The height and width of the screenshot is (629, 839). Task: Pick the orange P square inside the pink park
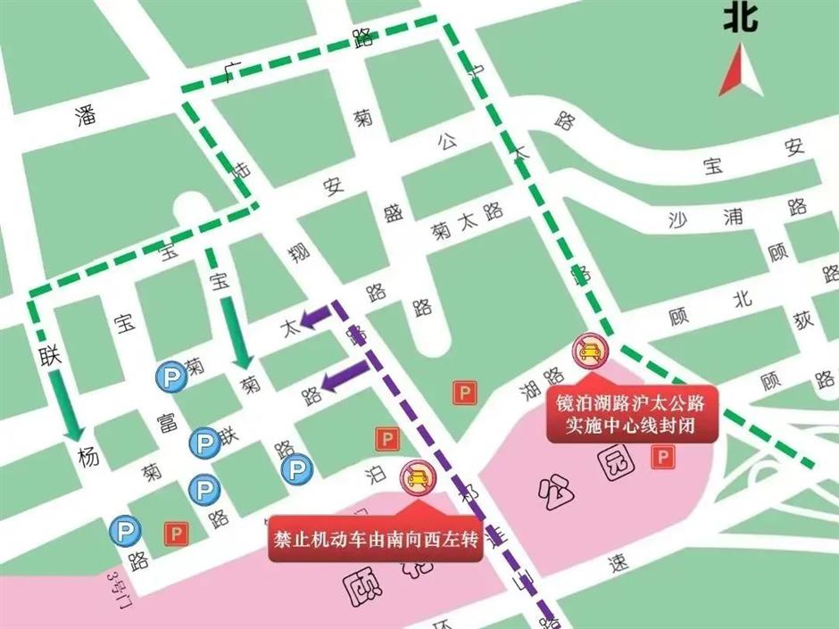click(662, 458)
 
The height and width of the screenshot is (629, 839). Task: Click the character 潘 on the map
click(86, 117)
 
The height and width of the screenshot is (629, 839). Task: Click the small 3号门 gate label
click(113, 589)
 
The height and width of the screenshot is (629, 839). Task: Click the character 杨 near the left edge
click(87, 458)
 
